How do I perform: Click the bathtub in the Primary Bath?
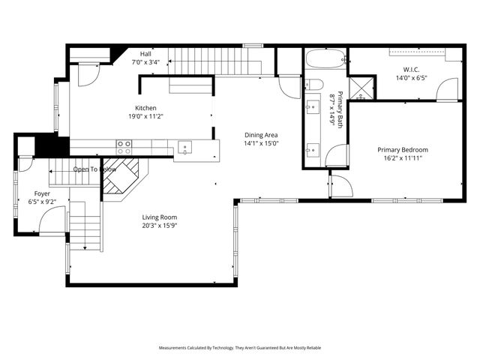coord(325,58)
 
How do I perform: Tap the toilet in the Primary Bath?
coord(314,84)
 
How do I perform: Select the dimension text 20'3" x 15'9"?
coord(160,226)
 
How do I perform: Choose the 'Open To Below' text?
coord(94,169)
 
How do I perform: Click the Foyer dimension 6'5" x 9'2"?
coord(41,202)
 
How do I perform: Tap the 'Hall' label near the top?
coord(145,54)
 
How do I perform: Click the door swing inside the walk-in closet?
coord(448,90)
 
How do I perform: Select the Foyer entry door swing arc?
coord(52,220)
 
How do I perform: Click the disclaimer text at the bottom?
coord(240,348)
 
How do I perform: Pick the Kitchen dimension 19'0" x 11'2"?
coord(145,116)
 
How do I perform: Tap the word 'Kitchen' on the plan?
coord(145,108)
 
